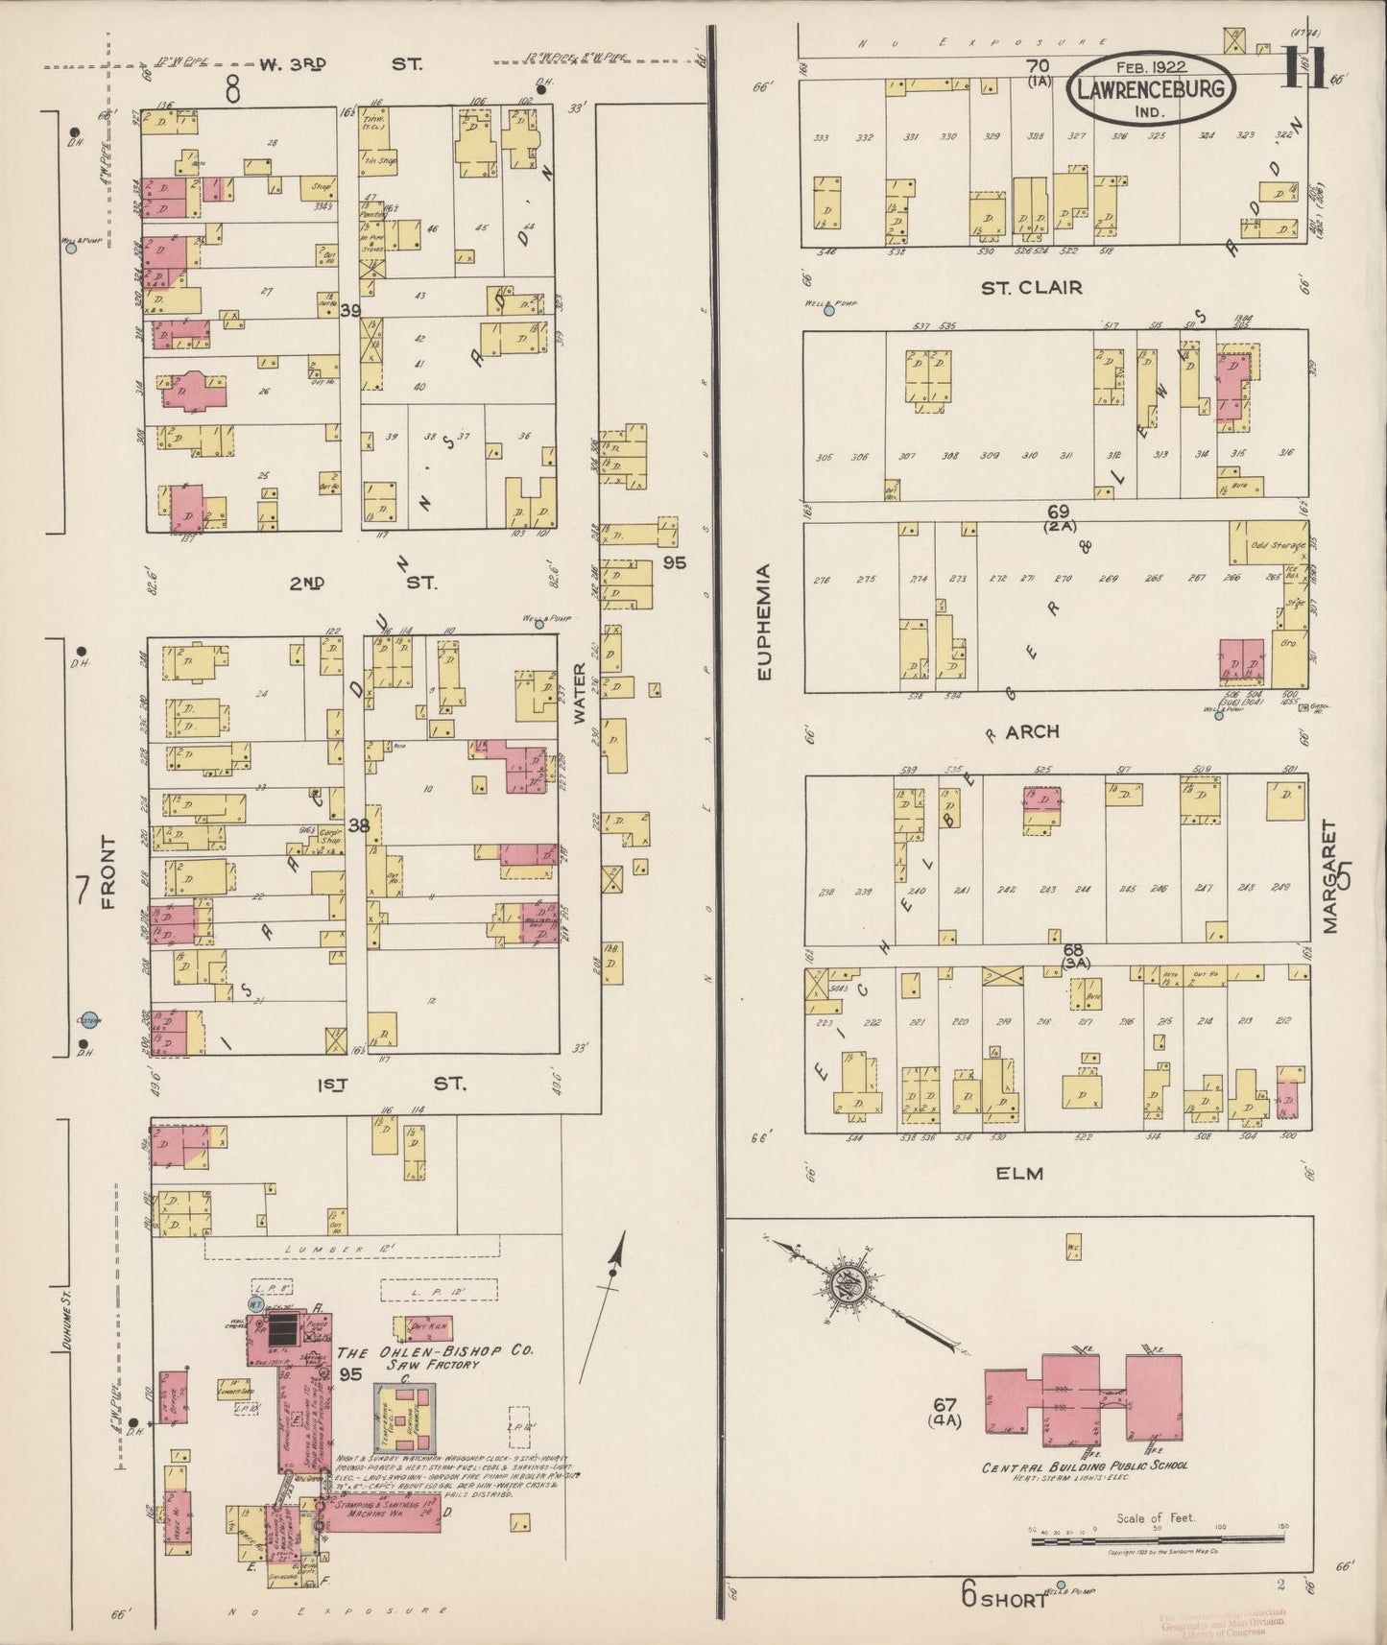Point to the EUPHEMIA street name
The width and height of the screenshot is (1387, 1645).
click(763, 623)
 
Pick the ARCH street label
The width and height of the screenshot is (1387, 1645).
click(1032, 732)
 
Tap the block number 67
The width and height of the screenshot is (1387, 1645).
click(950, 1404)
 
